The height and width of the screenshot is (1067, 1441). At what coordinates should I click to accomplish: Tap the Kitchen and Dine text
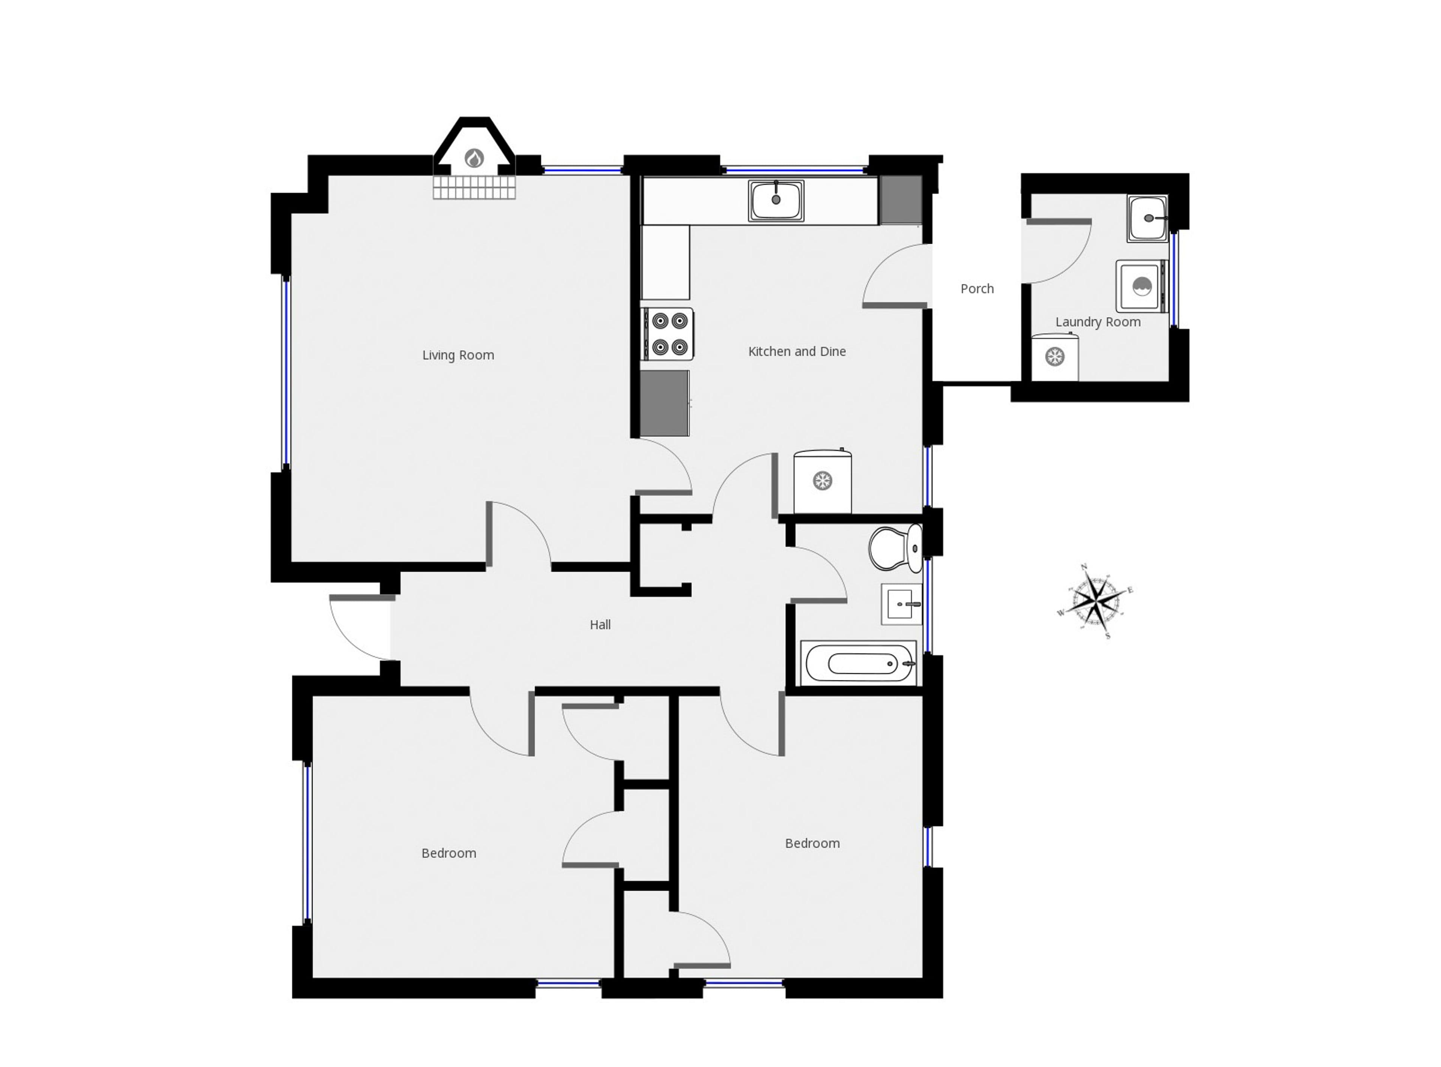coord(797,351)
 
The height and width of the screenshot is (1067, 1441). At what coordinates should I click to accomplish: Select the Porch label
coord(977,289)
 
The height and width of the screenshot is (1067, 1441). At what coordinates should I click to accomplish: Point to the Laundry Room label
coord(1098,322)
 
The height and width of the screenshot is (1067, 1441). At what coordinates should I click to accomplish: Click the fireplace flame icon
coord(475,158)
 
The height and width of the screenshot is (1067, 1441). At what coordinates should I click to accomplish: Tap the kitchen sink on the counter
coord(776,200)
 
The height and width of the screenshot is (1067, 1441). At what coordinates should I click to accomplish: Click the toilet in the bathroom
coord(895,549)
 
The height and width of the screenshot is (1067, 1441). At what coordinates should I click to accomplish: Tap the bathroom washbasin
coord(901,604)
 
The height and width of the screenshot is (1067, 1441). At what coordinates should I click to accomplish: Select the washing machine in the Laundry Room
coord(1142,286)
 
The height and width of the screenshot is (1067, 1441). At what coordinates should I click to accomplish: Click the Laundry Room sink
coord(1147,218)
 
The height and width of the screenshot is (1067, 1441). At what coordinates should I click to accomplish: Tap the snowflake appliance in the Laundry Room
coord(1055,357)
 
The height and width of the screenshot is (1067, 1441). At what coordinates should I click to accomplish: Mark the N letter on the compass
coord(1084,567)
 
